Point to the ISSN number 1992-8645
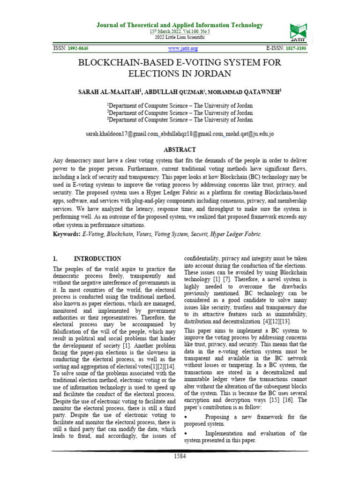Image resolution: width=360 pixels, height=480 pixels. (x=78, y=48)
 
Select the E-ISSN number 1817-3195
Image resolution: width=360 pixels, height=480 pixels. (x=294, y=48)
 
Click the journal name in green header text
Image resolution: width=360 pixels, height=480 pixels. (x=180, y=25)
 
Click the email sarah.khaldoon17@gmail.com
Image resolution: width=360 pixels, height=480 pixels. (x=121, y=134)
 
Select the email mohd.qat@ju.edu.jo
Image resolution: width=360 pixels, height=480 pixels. (x=250, y=134)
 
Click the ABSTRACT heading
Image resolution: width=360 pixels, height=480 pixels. (x=180, y=150)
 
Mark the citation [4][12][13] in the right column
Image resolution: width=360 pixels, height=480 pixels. (x=274, y=321)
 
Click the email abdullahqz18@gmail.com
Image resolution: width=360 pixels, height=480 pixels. (x=192, y=134)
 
